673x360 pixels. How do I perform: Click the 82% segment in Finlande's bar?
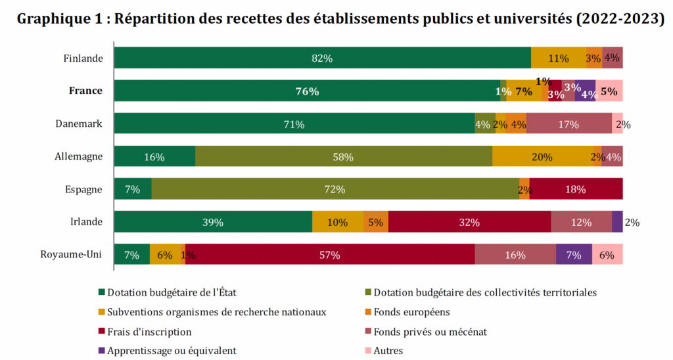point(322,58)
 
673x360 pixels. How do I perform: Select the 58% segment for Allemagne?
point(343,156)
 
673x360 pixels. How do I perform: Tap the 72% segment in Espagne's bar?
point(335,189)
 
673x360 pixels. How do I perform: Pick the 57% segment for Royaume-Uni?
point(329,255)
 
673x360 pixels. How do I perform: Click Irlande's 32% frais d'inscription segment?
point(469,222)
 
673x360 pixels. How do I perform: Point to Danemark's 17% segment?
point(568,124)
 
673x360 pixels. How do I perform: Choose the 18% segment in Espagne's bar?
point(575,189)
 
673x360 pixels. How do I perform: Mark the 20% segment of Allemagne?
point(542,156)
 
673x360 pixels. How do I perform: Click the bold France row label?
point(85,91)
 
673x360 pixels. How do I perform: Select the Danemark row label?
point(78,124)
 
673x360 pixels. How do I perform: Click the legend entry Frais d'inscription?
point(149,332)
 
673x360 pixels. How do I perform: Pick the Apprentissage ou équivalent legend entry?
point(172,351)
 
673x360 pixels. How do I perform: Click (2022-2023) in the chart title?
point(620,19)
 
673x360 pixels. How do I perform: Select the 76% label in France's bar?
point(307,91)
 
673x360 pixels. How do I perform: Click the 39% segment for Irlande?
point(213,222)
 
